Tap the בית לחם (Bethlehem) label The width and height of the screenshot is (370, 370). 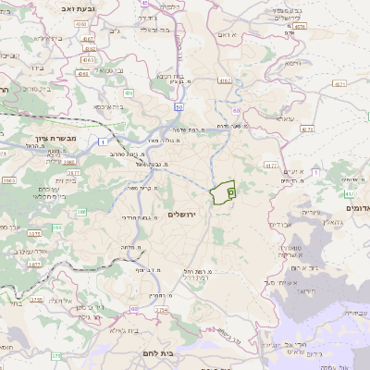pyautogui.click(x=153, y=352)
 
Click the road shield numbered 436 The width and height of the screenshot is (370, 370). pyautogui.click(x=129, y=93)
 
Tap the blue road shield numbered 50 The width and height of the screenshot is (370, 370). pyautogui.click(x=176, y=108)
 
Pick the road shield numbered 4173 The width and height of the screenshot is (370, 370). pyautogui.click(x=308, y=129)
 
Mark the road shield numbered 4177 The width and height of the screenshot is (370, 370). pyautogui.click(x=271, y=166)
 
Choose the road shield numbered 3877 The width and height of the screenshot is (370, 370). pyautogui.click(x=35, y=264)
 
